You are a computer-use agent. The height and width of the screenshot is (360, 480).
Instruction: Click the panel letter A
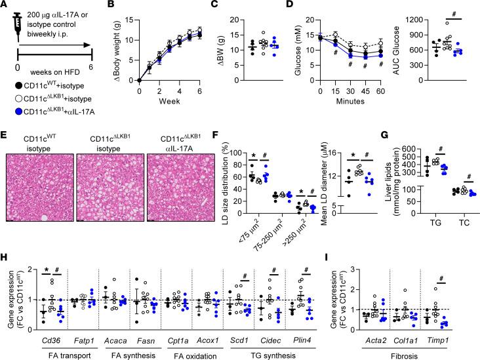(x=6, y=6)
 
